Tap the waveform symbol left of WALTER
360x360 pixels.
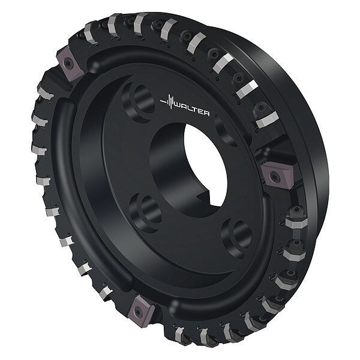[168, 102]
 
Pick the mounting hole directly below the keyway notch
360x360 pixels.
[236, 238]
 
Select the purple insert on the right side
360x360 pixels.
[277, 175]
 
